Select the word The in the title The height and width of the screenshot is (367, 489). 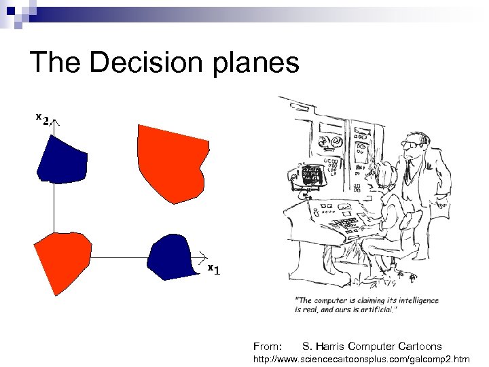pyautogui.click(x=55, y=63)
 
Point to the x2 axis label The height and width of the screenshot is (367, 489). pyautogui.click(x=43, y=120)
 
